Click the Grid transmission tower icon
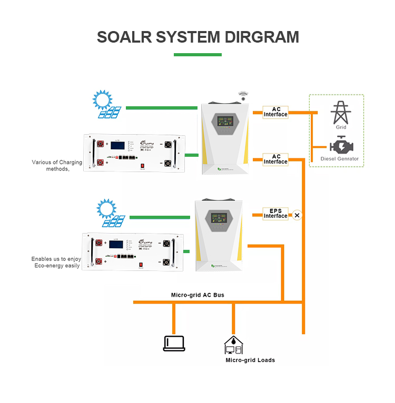(x=341, y=113)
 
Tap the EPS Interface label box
(x=275, y=214)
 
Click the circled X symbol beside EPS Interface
(x=297, y=215)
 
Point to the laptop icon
(x=173, y=343)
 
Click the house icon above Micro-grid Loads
(x=233, y=345)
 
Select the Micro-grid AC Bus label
(x=197, y=295)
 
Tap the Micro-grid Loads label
(x=250, y=360)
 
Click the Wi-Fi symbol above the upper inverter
(x=242, y=96)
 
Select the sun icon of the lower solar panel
(x=106, y=209)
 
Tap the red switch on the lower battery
(x=141, y=266)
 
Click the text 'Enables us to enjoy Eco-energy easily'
(x=56, y=263)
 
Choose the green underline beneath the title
(x=197, y=55)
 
